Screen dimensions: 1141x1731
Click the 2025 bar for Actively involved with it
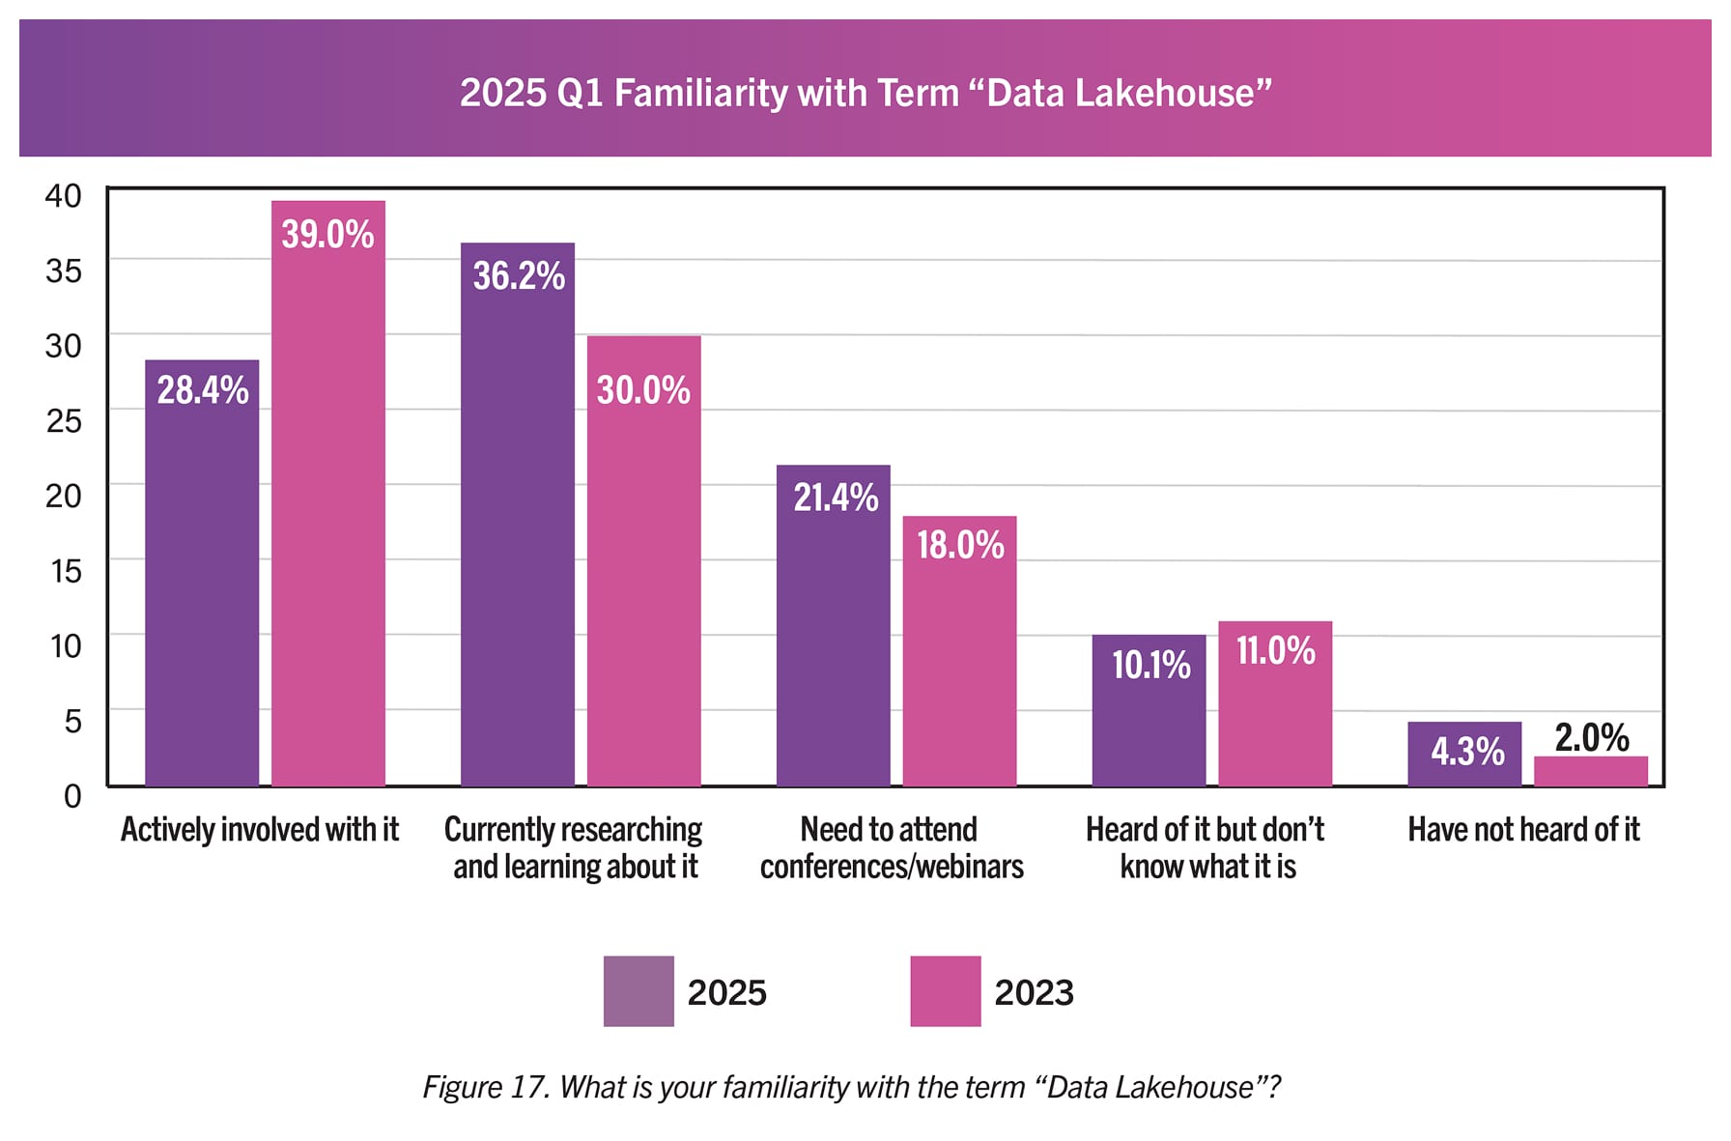[x=202, y=580]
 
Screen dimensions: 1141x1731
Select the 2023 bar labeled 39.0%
[x=327, y=502]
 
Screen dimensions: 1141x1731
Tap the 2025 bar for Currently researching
[x=517, y=531]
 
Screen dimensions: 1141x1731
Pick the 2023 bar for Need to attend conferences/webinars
[x=959, y=667]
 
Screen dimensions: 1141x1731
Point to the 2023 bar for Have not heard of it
[x=1590, y=771]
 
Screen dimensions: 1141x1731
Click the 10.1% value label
[x=1150, y=666]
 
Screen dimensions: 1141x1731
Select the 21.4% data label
[x=836, y=498]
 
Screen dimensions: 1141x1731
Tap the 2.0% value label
[x=1591, y=738]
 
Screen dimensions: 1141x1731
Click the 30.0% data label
[x=643, y=390]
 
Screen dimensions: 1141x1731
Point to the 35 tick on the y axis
[x=64, y=271]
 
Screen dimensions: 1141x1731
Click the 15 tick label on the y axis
[x=66, y=571]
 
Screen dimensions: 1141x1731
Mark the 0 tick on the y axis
[x=72, y=796]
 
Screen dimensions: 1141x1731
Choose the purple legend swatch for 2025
[x=638, y=991]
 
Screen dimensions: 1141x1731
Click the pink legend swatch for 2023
[x=945, y=991]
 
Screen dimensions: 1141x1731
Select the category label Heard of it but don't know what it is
[x=1205, y=847]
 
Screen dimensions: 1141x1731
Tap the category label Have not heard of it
[x=1523, y=830]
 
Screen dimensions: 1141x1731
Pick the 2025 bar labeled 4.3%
[x=1463, y=754]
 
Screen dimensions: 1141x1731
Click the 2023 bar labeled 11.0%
[x=1275, y=715]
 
